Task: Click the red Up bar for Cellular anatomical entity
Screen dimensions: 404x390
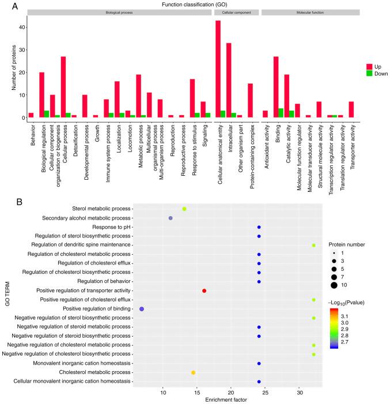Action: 218,70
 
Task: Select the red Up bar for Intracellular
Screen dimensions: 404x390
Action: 229,81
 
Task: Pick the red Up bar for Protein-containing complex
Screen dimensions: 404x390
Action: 250,101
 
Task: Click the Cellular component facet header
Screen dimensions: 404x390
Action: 236,12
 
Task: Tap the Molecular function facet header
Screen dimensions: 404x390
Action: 311,12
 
